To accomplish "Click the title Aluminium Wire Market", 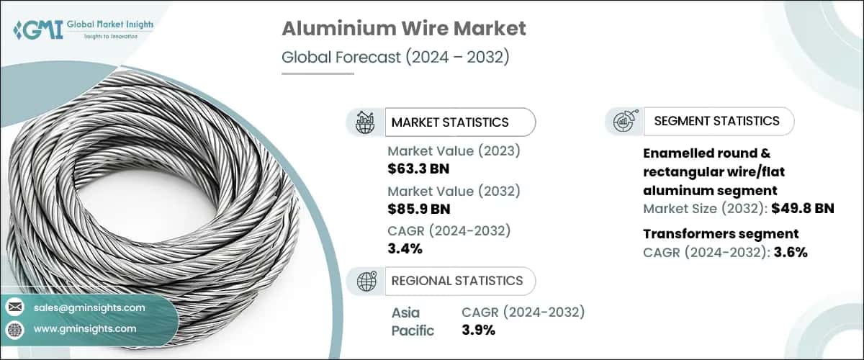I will coord(403,29).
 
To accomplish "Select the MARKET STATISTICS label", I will coord(450,122).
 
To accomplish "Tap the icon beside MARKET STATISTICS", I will coord(365,122).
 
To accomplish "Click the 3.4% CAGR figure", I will coord(405,248).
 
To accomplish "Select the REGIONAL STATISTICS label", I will coord(457,281).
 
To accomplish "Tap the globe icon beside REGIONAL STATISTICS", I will coord(366,281).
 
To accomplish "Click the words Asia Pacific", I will coord(413,321).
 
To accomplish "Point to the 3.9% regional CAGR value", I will coord(478,330).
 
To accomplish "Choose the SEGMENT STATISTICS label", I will coord(716,121).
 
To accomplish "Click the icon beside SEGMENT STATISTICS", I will coord(624,122).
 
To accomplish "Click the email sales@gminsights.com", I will coord(89,307).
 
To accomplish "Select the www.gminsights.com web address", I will coord(84,329).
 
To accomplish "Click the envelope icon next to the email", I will coord(15,307).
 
